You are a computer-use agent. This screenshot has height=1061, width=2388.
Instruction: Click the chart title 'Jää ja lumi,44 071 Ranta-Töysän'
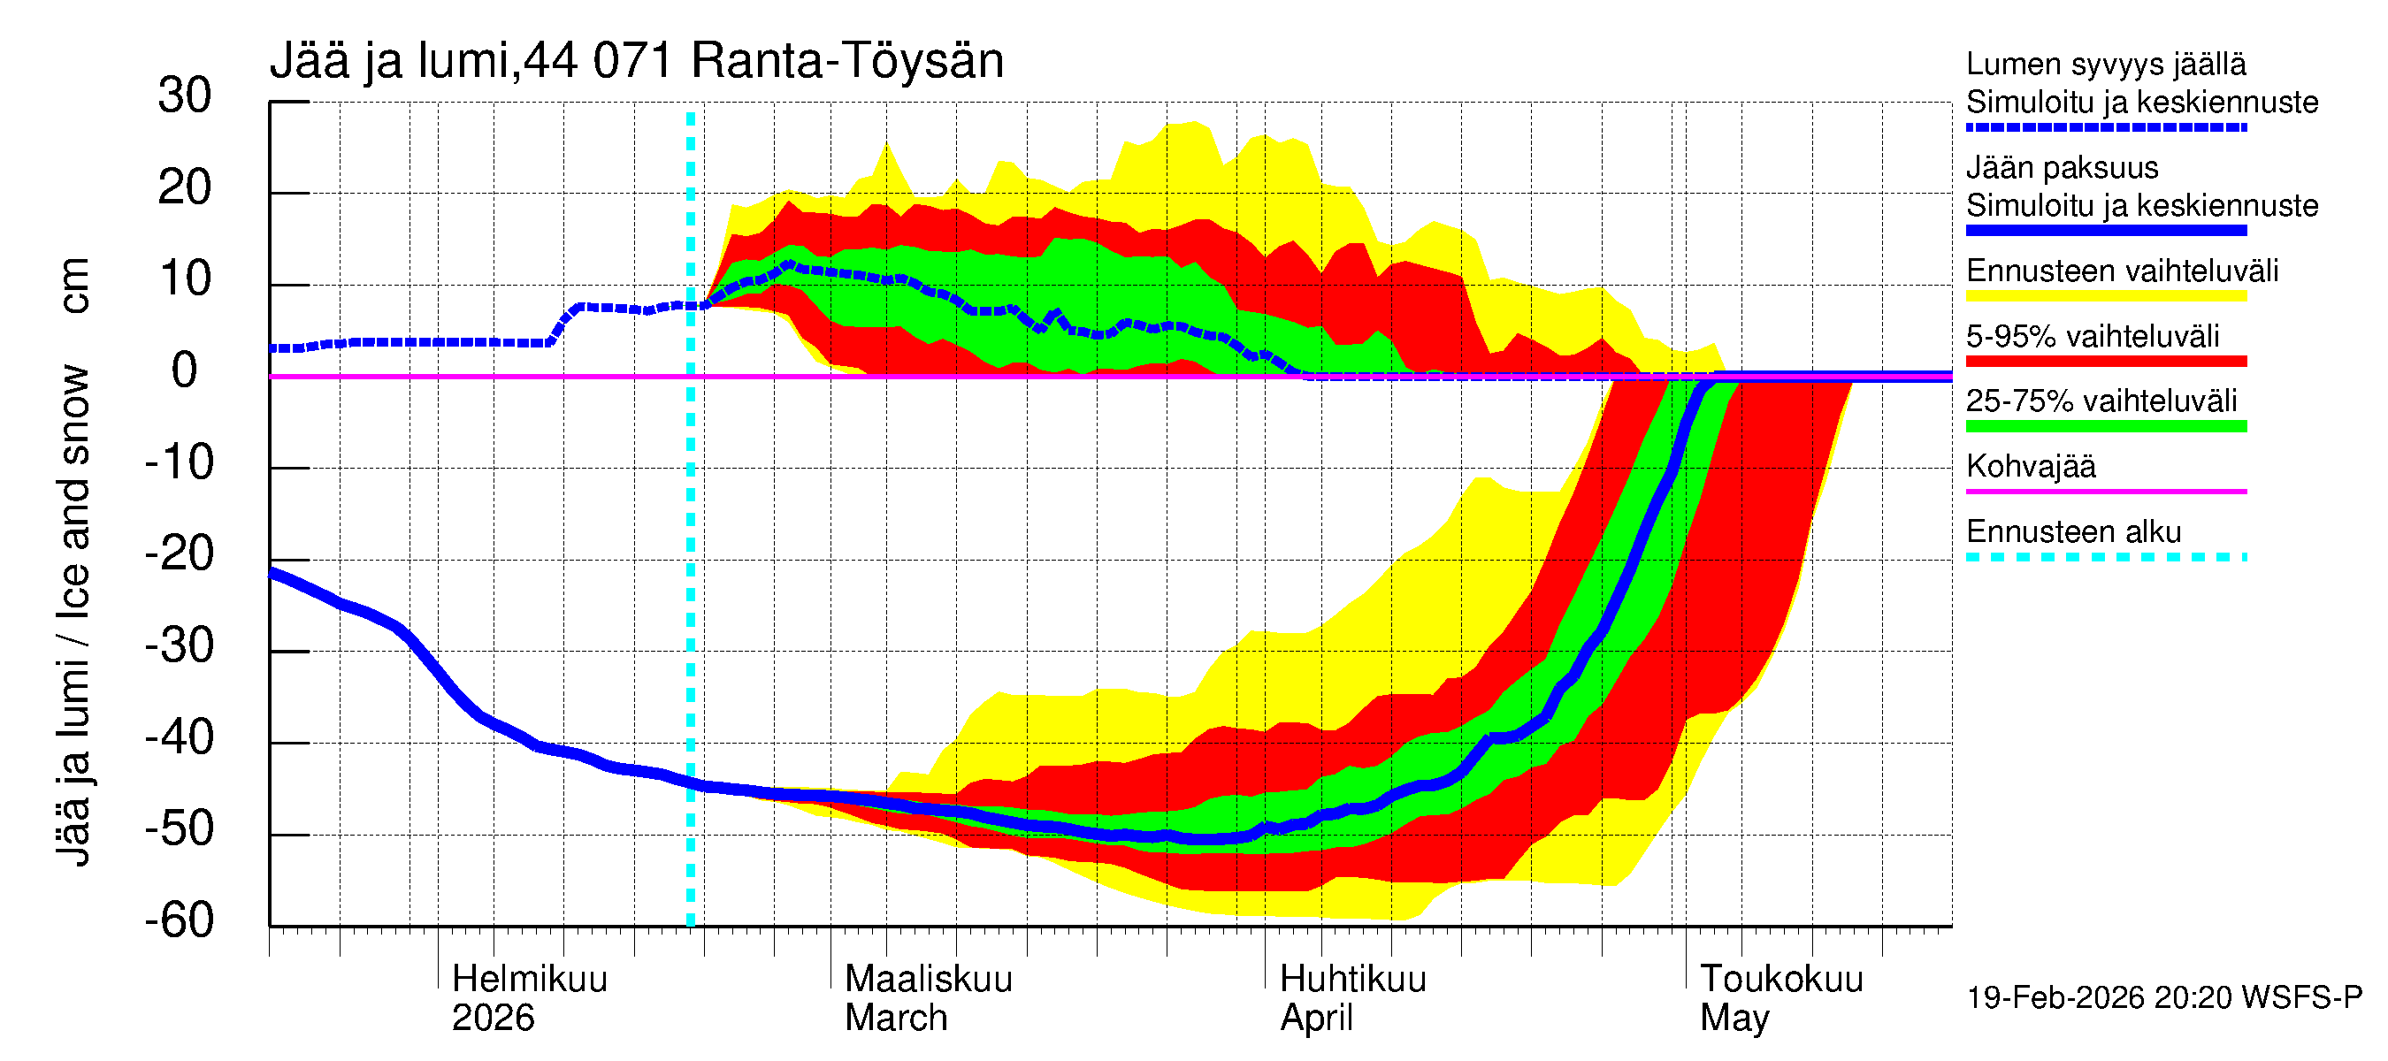[x=636, y=61]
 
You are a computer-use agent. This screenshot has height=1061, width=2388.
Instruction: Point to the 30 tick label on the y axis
[x=185, y=96]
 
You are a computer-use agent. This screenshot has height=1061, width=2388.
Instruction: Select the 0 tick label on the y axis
[x=185, y=371]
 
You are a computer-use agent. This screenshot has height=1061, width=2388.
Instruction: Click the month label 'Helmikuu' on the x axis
[x=529, y=980]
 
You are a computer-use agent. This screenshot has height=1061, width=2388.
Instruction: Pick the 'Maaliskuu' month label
[x=928, y=980]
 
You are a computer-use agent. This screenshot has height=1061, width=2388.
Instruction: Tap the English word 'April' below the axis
[x=1315, y=1019]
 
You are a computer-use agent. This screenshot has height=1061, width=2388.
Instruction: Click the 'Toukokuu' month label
[x=1780, y=980]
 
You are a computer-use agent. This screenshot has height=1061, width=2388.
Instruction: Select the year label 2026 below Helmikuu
[x=493, y=1019]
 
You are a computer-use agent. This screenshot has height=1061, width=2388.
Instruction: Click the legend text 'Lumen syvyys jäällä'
[x=2105, y=65]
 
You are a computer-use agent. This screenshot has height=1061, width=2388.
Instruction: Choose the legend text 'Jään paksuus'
[x=2062, y=168]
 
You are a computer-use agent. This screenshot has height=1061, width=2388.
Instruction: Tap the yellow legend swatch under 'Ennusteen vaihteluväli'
[x=2105, y=296]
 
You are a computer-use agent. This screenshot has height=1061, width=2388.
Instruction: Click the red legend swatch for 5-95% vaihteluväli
[x=2105, y=362]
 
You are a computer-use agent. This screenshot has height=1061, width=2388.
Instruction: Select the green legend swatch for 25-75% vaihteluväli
[x=2105, y=426]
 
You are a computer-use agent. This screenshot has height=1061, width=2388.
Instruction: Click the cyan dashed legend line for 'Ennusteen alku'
[x=2105, y=557]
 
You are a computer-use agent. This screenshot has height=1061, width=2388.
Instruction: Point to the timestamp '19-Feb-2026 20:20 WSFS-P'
[x=2163, y=998]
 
